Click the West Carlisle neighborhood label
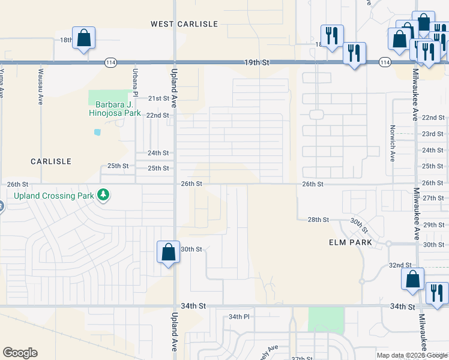184,23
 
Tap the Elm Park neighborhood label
351,242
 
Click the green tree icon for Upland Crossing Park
104,194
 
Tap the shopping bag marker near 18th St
84,38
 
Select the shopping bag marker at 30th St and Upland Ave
168,252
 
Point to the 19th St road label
258,62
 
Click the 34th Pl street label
239,316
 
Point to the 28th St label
318,220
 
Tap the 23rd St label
433,134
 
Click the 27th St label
433,198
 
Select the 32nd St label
399,265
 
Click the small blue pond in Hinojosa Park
97,131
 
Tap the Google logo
20,353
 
